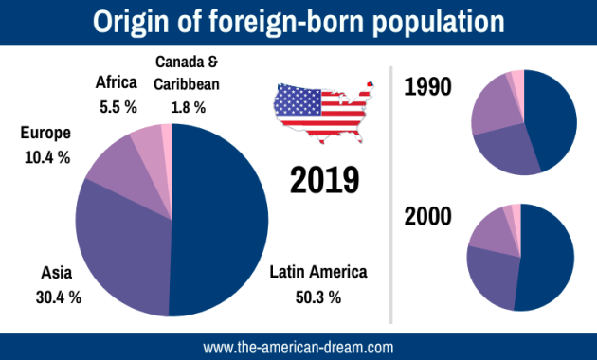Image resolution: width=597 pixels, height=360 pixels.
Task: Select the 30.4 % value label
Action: click(58, 297)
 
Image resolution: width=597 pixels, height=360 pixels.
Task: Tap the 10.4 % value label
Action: click(45, 157)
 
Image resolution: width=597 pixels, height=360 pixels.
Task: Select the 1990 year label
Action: click(427, 88)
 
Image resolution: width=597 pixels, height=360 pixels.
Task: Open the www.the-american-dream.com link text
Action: click(298, 347)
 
